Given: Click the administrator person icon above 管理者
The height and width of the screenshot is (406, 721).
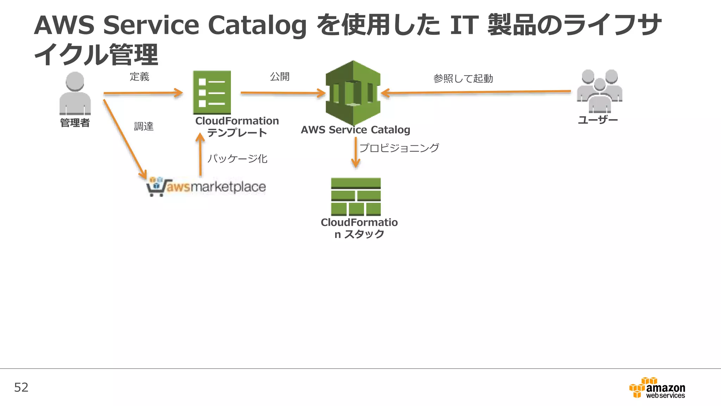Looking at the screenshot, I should pyautogui.click(x=75, y=93).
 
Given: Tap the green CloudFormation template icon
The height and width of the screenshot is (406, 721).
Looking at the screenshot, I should pyautogui.click(x=212, y=92).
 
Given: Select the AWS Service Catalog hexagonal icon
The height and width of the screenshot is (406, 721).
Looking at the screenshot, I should pyautogui.click(x=353, y=93).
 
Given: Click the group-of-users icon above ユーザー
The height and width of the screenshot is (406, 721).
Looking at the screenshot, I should pyautogui.click(x=600, y=91).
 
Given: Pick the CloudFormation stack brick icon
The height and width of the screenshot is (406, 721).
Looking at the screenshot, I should pyautogui.click(x=356, y=196).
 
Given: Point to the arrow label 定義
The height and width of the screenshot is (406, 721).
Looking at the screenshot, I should pyautogui.click(x=139, y=76).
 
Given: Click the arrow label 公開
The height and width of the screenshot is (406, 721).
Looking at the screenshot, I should pyautogui.click(x=280, y=76).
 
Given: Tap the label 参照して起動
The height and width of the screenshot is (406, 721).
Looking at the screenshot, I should pyautogui.click(x=463, y=78).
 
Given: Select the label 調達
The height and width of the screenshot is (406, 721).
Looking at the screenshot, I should pyautogui.click(x=144, y=126).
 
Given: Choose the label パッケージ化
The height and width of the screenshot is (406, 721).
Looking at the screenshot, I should pyautogui.click(x=237, y=159).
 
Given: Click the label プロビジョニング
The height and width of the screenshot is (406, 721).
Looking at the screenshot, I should pyautogui.click(x=399, y=148).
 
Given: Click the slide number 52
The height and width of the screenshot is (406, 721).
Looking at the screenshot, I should pyautogui.click(x=21, y=387).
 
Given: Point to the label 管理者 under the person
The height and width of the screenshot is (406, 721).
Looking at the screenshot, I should pyautogui.click(x=75, y=123).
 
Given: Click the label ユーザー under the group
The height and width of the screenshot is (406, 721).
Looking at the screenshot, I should pyautogui.click(x=598, y=120).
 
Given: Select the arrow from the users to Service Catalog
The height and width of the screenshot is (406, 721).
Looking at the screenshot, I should pyautogui.click(x=475, y=92).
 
